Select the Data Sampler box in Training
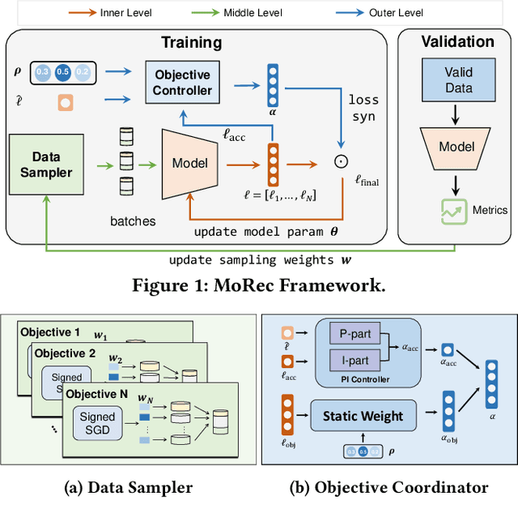tap(46, 164)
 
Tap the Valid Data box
tap(458, 80)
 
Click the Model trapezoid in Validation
tap(457, 147)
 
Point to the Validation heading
tap(457, 41)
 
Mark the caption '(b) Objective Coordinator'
tap(389, 487)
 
